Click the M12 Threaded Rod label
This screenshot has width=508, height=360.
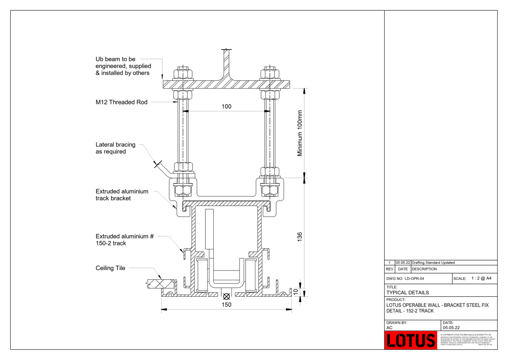pos(121,102)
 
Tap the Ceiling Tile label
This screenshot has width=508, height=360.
pos(110,268)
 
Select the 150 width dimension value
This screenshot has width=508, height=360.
pos(226,305)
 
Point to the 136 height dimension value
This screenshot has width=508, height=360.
pos(300,237)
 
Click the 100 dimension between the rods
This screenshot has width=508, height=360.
pos(226,106)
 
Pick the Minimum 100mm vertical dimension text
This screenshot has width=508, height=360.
pos(300,133)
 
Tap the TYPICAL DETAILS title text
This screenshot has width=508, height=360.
pos(407,292)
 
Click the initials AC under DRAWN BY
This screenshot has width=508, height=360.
pos(389,328)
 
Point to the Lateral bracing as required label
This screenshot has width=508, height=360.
pos(115,148)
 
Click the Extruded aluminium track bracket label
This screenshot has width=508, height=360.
pos(122,195)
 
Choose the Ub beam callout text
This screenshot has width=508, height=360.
pos(122,66)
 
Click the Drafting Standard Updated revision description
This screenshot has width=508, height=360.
pos(433,262)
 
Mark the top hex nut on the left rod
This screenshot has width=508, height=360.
pos(182,74)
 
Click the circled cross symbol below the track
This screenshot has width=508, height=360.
pos(226,296)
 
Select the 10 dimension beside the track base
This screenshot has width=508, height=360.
pos(296,291)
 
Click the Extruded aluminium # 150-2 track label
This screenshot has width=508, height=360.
pos(124,240)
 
